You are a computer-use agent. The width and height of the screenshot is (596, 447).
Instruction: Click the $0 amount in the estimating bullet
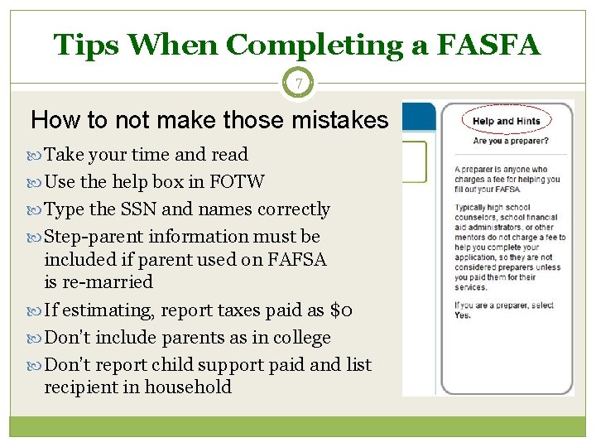coord(341,310)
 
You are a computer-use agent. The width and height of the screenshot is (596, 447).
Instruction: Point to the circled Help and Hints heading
coord(506,121)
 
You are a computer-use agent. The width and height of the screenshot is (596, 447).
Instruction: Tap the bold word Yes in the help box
coord(463,315)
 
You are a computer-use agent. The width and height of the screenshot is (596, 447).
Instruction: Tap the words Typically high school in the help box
coord(491,208)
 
